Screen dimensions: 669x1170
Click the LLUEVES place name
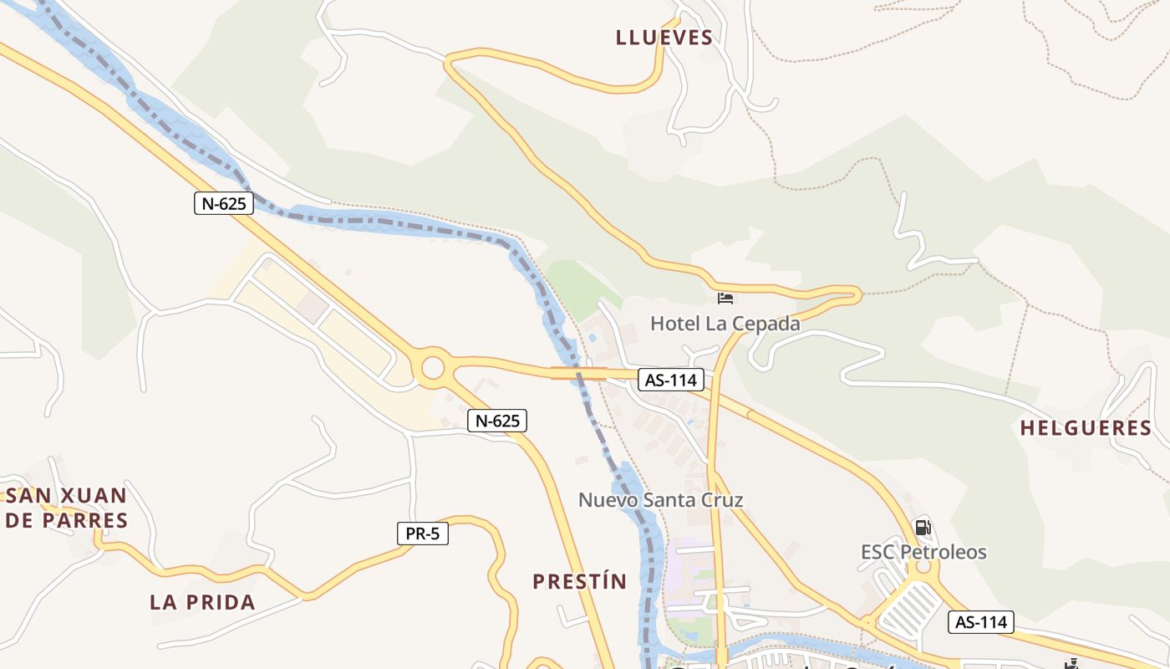click(x=664, y=38)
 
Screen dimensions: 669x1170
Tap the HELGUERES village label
click(x=1086, y=428)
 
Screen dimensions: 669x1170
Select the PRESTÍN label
click(x=580, y=581)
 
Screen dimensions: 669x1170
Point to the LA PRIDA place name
click(x=202, y=602)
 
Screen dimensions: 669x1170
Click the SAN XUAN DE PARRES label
click(x=67, y=508)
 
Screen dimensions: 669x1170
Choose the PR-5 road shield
click(x=422, y=533)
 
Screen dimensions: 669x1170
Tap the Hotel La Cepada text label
click(x=725, y=323)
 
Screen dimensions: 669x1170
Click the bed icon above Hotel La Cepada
click(x=725, y=298)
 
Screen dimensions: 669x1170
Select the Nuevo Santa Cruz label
click(x=661, y=500)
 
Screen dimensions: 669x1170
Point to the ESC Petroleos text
click(x=923, y=552)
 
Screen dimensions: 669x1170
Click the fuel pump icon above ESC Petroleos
click(x=923, y=528)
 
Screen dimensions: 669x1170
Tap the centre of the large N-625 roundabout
click(x=433, y=368)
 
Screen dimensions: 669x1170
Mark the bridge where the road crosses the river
click(x=578, y=372)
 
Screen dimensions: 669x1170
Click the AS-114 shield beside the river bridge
click(x=671, y=380)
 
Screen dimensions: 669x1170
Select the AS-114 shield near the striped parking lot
click(x=981, y=622)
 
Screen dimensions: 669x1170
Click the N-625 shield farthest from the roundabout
click(x=224, y=203)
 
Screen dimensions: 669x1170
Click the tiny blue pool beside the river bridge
click(x=593, y=338)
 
